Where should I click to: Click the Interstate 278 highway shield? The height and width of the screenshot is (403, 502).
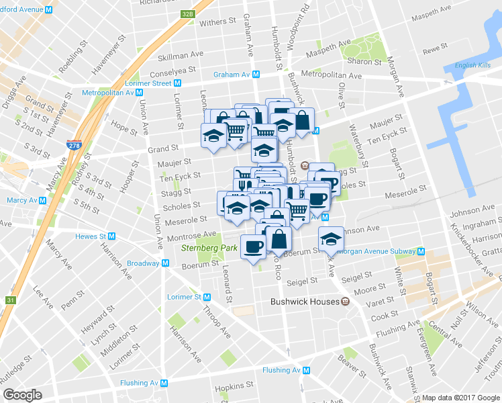click(74, 144)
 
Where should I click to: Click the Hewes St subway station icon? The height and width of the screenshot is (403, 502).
click(112, 236)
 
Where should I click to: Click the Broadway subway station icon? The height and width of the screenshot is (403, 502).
click(164, 264)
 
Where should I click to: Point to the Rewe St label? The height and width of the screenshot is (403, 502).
click(435, 48)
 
